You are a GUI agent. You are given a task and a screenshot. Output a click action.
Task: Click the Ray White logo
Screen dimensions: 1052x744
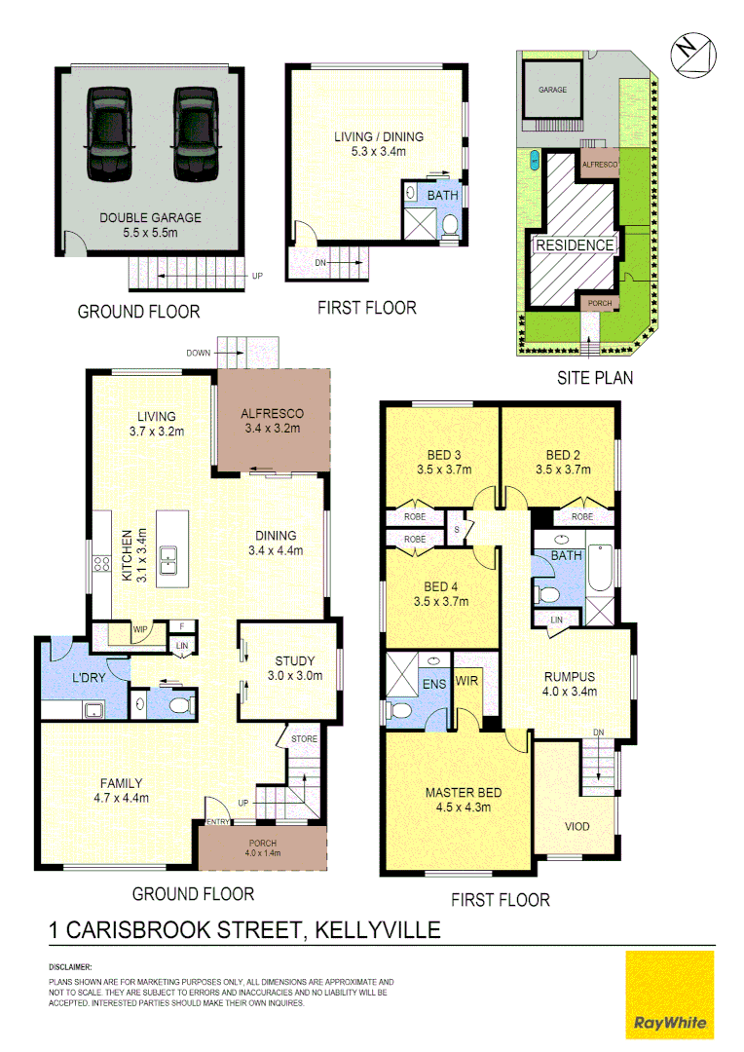pos(670,996)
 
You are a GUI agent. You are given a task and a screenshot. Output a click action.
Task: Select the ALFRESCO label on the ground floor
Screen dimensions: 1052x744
pos(273,413)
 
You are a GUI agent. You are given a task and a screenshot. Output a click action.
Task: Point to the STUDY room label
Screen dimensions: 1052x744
pos(289,663)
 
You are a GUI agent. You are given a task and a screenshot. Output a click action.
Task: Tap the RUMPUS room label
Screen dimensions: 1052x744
pos(569,677)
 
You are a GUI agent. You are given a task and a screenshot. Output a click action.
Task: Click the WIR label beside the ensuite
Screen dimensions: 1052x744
pos(467,681)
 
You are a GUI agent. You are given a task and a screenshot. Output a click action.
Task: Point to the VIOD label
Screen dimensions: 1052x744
pos(577,827)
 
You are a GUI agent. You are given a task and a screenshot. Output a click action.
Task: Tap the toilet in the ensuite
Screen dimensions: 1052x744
pos(396,709)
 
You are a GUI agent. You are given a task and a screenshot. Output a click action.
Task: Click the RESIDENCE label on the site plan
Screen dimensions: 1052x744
pos(575,245)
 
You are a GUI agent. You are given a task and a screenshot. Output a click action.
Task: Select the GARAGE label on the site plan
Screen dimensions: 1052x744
pos(553,90)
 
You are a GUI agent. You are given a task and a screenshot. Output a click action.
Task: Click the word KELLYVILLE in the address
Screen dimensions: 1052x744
pos(379,929)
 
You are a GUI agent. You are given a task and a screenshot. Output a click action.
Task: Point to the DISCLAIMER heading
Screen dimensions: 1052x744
pos(70,967)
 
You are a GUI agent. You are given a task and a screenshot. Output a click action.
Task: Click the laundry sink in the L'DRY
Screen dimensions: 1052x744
pos(94,709)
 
